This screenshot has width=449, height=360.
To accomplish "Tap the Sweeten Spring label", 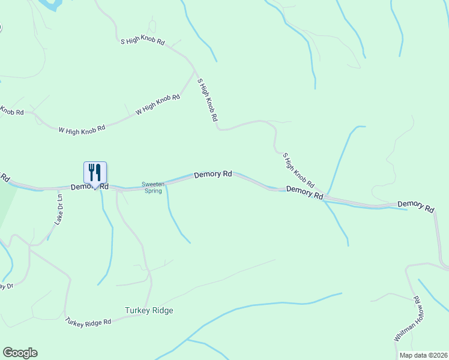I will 152,188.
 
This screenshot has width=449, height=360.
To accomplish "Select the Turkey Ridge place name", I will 149,310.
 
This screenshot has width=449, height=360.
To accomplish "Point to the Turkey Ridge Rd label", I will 89,322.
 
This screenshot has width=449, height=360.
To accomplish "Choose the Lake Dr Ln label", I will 59,209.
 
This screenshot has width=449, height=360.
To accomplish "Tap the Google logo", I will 20,353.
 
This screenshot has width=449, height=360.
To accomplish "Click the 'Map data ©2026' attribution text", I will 423,355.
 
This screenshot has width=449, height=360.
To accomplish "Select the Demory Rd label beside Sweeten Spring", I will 213,175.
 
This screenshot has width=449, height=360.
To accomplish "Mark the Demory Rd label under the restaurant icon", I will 89,187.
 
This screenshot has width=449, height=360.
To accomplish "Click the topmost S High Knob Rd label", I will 142,42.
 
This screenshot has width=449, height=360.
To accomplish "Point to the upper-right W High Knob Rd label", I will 158,104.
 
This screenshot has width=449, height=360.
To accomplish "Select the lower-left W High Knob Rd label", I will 82,128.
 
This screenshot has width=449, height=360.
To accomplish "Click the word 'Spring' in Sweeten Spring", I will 152,191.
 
